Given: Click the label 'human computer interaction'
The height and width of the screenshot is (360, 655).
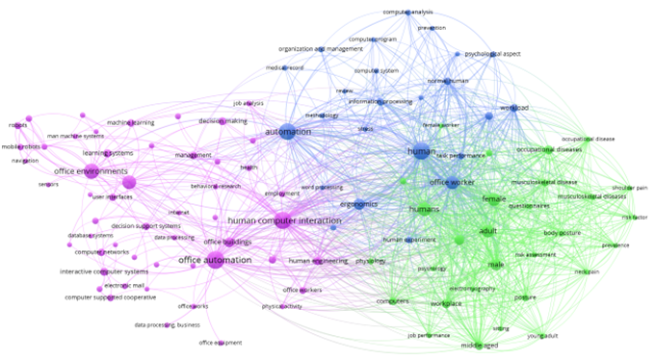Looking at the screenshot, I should [278, 220].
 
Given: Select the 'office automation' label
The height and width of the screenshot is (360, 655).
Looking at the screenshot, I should [215, 259].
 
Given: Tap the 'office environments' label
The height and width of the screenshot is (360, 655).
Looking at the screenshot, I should [91, 171].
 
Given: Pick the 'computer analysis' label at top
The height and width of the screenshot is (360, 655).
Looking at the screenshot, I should [407, 12].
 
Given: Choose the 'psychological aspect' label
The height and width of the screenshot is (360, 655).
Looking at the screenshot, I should [492, 54].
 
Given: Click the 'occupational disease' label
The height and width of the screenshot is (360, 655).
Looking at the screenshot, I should [588, 139].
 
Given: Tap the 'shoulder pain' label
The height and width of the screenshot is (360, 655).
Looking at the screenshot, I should [630, 188].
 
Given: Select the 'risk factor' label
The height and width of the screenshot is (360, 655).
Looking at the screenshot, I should [635, 217].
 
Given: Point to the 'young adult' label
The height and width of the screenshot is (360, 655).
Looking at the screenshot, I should [542, 336].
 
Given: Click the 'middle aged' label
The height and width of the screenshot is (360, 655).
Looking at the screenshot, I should [478, 345].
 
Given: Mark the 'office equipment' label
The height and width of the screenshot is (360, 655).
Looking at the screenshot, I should [220, 343].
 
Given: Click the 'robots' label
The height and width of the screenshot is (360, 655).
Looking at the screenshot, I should [17, 124].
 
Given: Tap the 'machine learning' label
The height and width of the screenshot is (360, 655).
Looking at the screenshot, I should [130, 122].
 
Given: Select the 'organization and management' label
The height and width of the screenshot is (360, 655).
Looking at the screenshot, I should [320, 48].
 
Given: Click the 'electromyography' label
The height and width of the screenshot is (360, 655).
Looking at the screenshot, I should [472, 288].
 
